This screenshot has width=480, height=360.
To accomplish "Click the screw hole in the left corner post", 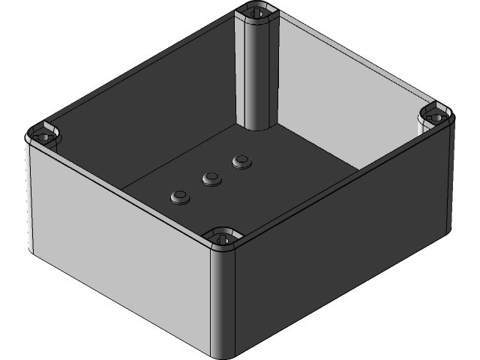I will pyautogui.click(x=42, y=137).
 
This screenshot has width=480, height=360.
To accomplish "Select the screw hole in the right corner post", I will pyautogui.click(x=436, y=117).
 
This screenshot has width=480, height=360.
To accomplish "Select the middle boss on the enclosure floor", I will pyautogui.click(x=211, y=178).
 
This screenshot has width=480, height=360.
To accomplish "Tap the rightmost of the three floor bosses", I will pyautogui.click(x=241, y=161).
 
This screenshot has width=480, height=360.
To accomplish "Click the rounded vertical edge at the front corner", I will pyautogui.click(x=223, y=300).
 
